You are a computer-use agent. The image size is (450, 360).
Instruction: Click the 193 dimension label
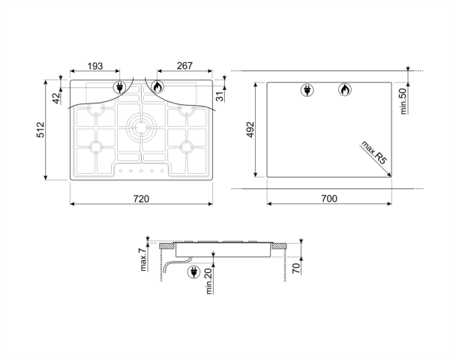tap(95, 67)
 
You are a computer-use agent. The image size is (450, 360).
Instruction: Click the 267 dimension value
tap(184, 67)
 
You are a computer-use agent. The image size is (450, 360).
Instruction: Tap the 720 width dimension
tap(141, 199)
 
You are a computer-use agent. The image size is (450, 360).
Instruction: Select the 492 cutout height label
tap(251, 130)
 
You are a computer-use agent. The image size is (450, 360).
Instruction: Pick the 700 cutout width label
tap(329, 199)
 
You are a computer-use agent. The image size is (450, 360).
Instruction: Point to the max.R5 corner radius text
tap(373, 151)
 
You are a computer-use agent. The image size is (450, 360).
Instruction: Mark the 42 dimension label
tap(56, 97)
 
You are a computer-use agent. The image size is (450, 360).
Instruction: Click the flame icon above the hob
tap(157, 87)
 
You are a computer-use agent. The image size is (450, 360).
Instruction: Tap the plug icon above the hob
tap(120, 88)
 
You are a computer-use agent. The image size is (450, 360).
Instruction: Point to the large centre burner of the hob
tap(140, 125)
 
